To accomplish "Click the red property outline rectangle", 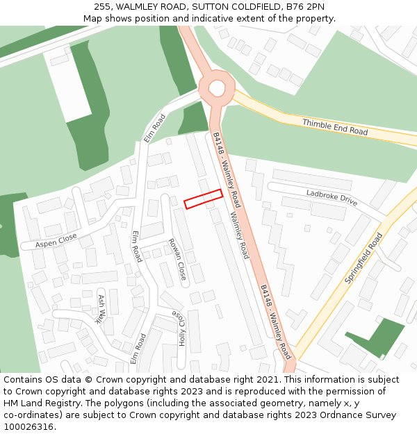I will point(203,199).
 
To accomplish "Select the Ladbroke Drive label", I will point(332,197).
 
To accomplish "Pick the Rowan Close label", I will point(177,259).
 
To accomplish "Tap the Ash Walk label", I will point(101,309).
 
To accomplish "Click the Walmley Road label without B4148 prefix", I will point(239,236).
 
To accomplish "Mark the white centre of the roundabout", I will point(217,88).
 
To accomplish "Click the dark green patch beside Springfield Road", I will point(379,337).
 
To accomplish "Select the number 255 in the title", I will point(102,7).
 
